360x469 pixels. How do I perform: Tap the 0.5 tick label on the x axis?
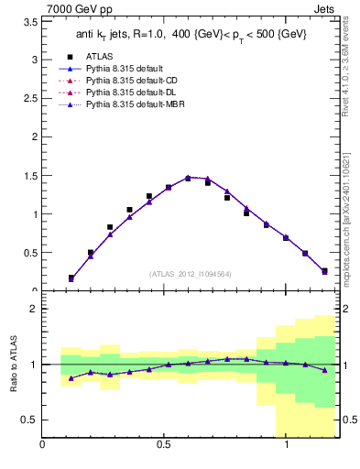165,446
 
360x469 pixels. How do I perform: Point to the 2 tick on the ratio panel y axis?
34,309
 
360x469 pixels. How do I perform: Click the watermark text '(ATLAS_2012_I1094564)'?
191,273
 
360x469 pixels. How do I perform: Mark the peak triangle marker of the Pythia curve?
188,178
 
